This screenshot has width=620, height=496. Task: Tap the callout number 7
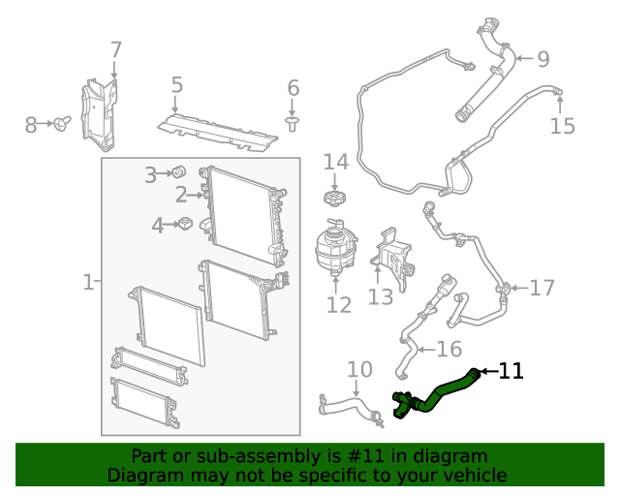pyautogui.click(x=115, y=49)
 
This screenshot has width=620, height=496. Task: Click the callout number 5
pyautogui.click(x=176, y=85)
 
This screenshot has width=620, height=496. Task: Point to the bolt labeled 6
pyautogui.click(x=293, y=122)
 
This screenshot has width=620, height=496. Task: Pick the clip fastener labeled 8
pyautogui.click(x=63, y=124)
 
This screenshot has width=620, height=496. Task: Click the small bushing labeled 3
pyautogui.click(x=179, y=172)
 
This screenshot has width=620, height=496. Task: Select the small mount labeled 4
pyautogui.click(x=183, y=225)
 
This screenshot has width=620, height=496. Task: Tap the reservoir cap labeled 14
pyautogui.click(x=335, y=198)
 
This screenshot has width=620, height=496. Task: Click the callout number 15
pyautogui.click(x=562, y=125)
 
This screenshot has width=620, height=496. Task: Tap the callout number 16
pyautogui.click(x=449, y=349)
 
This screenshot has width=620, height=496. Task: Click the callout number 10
pyautogui.click(x=358, y=369)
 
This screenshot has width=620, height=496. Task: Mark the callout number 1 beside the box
pyautogui.click(x=87, y=283)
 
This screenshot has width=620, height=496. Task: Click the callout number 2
pyautogui.click(x=180, y=195)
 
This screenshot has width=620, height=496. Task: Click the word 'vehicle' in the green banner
pyautogui.click(x=472, y=475)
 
